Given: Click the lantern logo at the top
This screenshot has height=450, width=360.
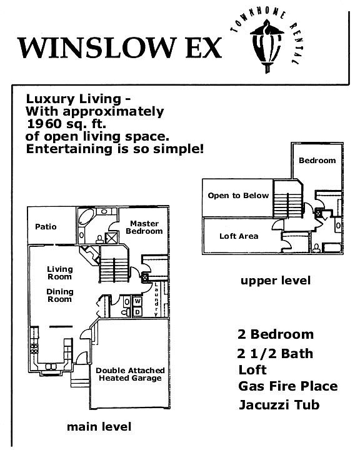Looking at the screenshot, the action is (267, 46).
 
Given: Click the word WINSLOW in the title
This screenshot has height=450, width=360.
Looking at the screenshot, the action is (97, 47).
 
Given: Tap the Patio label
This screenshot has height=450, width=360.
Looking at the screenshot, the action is (46, 227).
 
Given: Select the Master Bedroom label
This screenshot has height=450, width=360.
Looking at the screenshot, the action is (144, 227).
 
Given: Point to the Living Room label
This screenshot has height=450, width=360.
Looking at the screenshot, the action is (60, 273).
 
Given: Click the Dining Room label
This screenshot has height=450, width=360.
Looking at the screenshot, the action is (60, 295).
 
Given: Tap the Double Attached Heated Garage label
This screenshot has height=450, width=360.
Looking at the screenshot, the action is (130, 374).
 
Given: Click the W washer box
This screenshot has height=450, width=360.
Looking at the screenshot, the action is (137, 301).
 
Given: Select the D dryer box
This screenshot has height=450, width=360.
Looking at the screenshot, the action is (137, 312).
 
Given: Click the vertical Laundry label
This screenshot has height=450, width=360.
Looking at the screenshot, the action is (156, 299).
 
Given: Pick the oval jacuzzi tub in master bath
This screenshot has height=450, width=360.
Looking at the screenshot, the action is (86, 219).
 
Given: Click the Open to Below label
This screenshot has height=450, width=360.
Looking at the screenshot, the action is (238, 196).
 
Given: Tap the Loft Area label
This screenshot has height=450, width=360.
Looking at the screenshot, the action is (239, 236).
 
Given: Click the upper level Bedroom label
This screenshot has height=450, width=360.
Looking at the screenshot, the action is (317, 161).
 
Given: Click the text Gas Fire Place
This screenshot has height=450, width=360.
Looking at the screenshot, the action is (288, 386).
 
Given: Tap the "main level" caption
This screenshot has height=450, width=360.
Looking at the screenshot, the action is (99, 427).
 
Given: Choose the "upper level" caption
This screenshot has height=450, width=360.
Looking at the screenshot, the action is (276, 281).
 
